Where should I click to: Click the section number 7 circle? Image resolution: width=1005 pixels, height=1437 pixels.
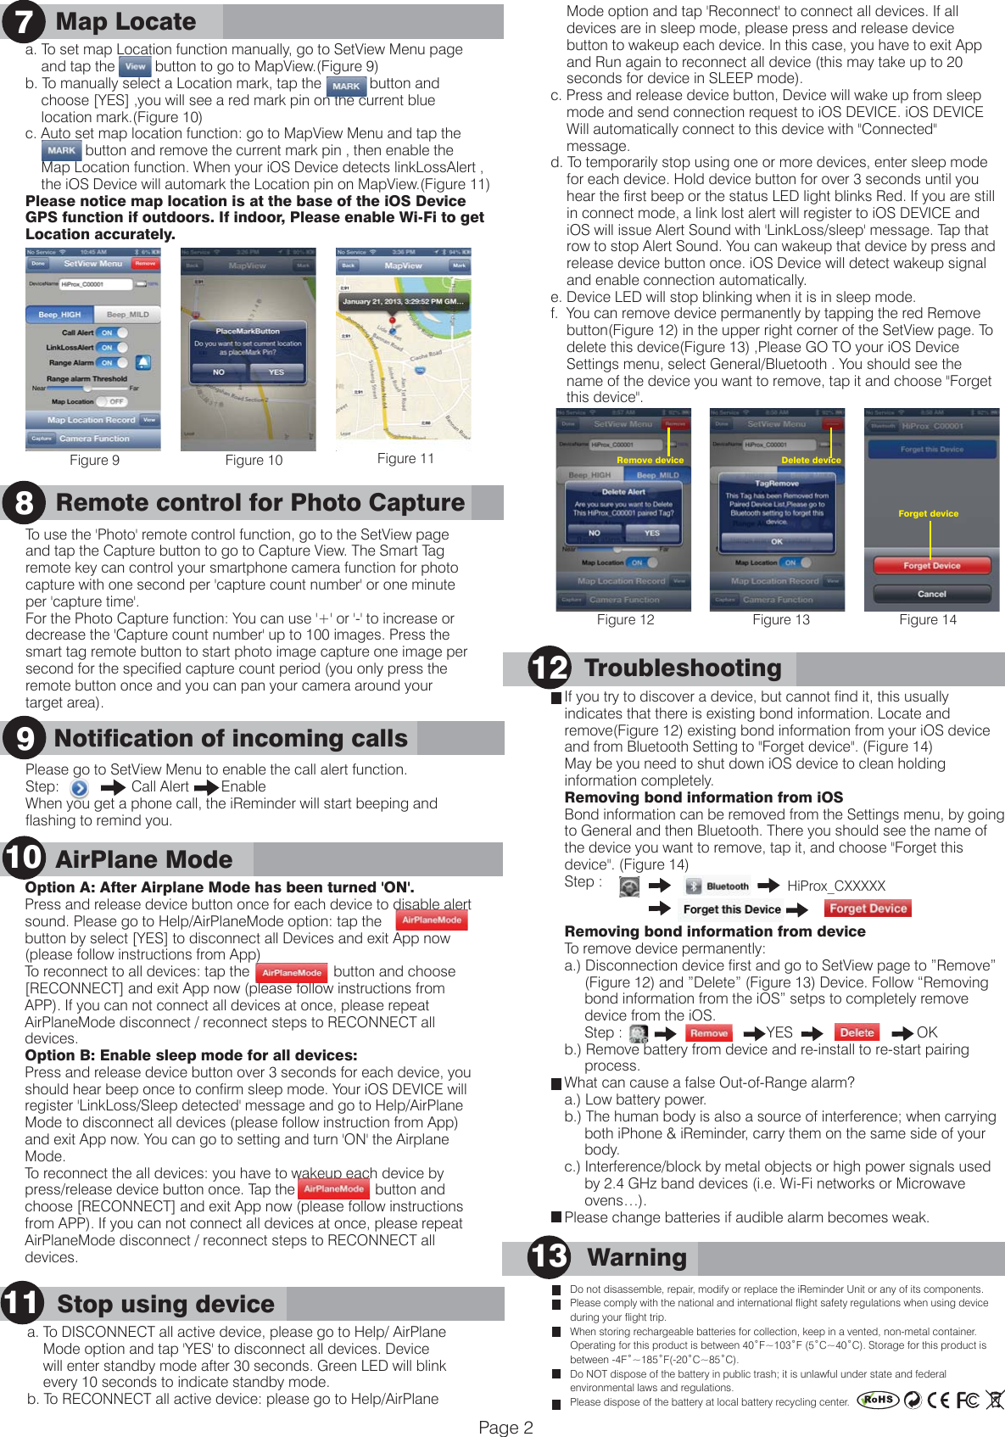point(23,21)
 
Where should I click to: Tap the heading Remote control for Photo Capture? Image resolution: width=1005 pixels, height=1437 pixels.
point(260,503)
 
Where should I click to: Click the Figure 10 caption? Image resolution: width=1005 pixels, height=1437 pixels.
point(254,460)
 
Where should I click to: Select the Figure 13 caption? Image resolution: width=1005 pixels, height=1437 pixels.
point(780,619)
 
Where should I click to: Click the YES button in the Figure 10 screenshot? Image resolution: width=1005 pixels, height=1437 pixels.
point(276,372)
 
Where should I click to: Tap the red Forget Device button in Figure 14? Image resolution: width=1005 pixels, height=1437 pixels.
point(931,566)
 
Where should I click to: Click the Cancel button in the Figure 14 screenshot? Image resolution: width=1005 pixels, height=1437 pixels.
point(931,594)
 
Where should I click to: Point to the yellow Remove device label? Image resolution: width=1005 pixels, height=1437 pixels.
point(650,460)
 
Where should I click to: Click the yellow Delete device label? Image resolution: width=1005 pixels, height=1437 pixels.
point(811,460)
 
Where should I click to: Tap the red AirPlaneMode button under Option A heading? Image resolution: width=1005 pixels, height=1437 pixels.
point(432,920)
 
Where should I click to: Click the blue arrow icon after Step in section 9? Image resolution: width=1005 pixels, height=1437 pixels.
point(79,787)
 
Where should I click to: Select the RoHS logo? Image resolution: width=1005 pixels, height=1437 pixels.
point(878,1400)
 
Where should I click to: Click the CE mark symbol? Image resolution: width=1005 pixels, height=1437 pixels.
point(938,1401)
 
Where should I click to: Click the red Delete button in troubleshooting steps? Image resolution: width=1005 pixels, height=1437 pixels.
point(857,1032)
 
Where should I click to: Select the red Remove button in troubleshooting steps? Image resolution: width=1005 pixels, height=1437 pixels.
point(709,1033)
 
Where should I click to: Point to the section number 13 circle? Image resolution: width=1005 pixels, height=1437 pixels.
point(548,1256)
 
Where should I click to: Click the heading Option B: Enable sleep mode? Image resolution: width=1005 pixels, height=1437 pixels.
point(191,1055)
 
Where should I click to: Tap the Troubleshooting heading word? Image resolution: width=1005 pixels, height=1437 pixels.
point(683,668)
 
